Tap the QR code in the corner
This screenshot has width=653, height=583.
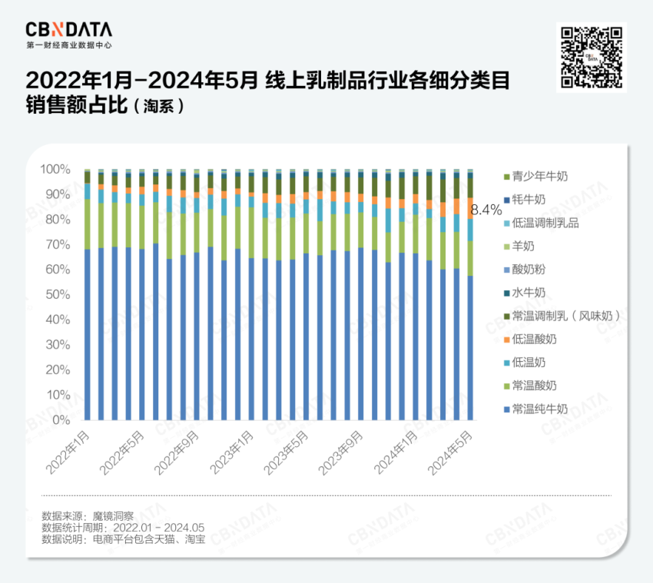591,57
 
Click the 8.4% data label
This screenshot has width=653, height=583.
486,209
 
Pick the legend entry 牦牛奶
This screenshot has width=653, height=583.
529,200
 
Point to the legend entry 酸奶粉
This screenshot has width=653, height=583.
529,270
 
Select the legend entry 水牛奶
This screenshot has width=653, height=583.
529,293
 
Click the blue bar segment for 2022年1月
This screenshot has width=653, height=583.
88,334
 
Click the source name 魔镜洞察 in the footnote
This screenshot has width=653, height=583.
114,516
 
